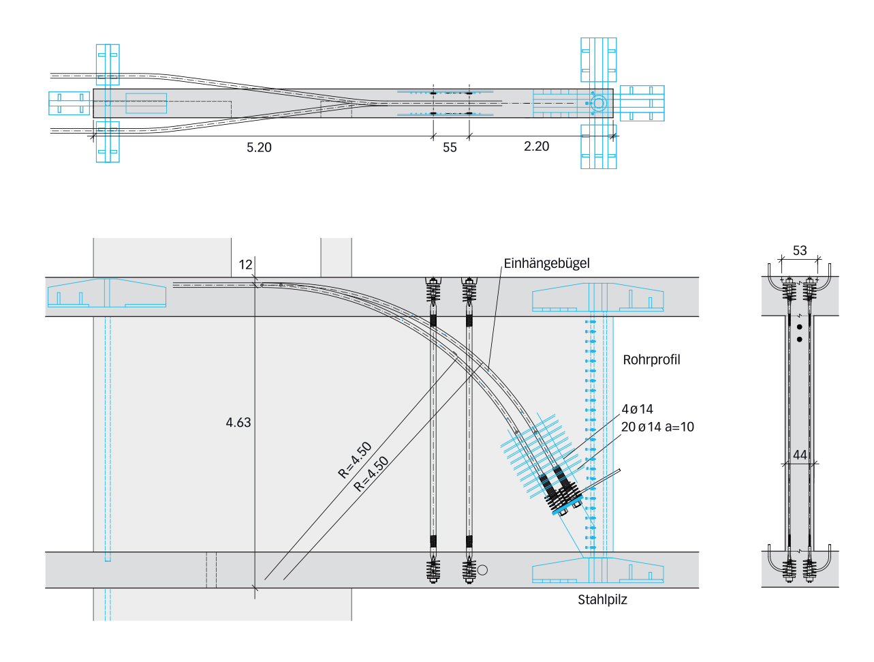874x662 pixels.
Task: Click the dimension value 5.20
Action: [259, 147]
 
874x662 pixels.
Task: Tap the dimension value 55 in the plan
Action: [450, 147]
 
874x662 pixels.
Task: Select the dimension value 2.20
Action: [536, 146]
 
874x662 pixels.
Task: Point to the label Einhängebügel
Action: [546, 263]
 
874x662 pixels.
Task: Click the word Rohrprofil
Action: [651, 359]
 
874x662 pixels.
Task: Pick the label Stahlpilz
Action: [602, 600]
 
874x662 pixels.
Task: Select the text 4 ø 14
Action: [637, 409]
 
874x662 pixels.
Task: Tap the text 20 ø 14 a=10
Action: [657, 427]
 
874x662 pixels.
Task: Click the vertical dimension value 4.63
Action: [238, 423]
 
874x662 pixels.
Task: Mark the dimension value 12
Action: [245, 265]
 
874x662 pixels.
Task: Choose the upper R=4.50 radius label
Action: [355, 460]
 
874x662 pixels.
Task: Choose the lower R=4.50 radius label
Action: [371, 474]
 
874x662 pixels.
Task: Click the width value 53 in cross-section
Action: [800, 250]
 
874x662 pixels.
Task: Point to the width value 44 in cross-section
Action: [800, 454]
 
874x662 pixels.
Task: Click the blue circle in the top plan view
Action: [598, 103]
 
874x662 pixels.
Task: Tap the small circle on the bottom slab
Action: [482, 570]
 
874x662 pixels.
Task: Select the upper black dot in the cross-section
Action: [800, 327]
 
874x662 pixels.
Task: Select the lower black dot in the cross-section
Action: [800, 339]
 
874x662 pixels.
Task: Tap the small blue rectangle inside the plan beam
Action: [146, 103]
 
